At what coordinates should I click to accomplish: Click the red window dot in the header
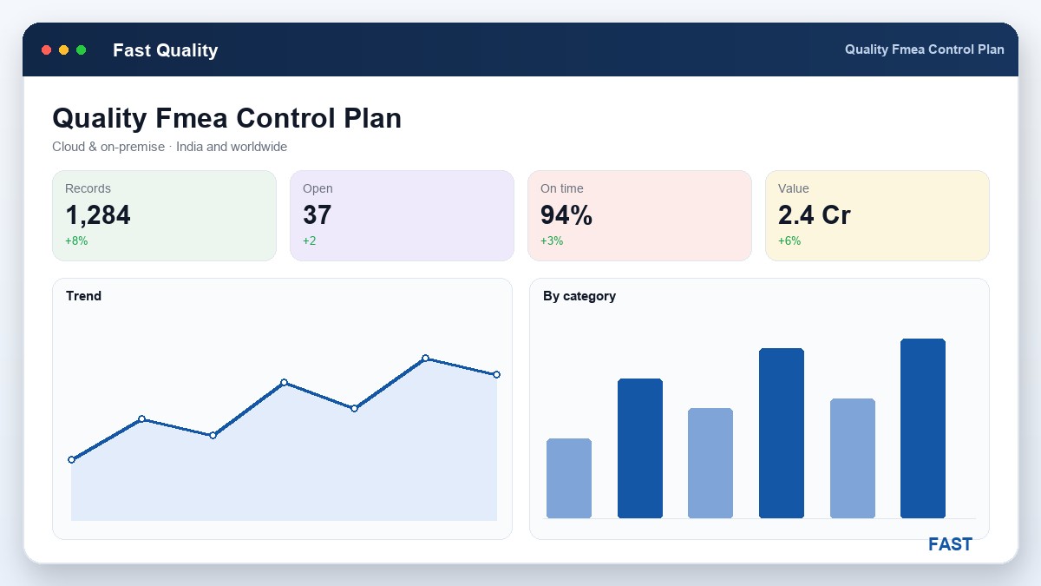[47, 49]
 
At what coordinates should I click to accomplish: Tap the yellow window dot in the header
[63, 49]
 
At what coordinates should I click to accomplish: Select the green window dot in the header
[81, 49]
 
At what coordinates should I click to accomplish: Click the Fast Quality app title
[166, 50]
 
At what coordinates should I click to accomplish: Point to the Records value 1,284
[98, 215]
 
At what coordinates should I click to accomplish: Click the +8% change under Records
[76, 241]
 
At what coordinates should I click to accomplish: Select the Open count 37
[317, 215]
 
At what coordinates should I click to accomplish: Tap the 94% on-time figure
[566, 215]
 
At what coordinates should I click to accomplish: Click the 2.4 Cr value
[815, 215]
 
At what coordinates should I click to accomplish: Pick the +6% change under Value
[789, 241]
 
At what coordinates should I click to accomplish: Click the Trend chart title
[83, 296]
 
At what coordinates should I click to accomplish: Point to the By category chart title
[579, 296]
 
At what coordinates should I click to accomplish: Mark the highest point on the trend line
[426, 358]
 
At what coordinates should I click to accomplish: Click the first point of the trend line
[71, 460]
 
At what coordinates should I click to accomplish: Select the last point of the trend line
[497, 374]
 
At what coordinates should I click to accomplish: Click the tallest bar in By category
[923, 428]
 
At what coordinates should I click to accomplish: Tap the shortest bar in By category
[569, 478]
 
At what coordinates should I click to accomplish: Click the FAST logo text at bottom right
[950, 544]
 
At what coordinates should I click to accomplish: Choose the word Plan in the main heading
[372, 118]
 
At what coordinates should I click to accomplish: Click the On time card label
[562, 188]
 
